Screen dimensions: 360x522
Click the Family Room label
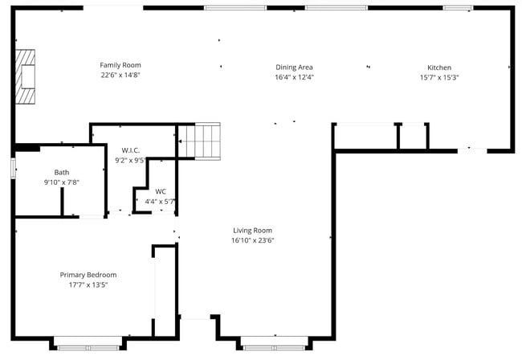tap(120, 65)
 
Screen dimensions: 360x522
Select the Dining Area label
tap(294, 67)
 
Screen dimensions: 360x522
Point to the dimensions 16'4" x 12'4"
tap(294, 78)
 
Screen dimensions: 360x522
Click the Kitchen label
tap(438, 67)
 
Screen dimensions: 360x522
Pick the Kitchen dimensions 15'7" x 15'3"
tap(438, 78)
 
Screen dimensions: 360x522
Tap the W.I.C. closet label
tap(131, 150)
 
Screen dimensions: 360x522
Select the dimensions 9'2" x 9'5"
tap(131, 160)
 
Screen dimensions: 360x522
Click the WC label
tap(161, 191)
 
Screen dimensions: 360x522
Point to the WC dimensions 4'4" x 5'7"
tap(161, 202)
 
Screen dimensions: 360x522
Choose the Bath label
tap(62, 172)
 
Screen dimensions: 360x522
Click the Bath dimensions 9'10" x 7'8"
tap(62, 182)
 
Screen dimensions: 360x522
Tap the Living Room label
tap(253, 230)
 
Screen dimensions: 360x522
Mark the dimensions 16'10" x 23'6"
tap(253, 240)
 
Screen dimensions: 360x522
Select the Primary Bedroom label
tap(88, 274)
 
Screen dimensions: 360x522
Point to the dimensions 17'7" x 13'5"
tap(88, 284)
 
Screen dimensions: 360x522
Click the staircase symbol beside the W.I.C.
tap(198, 141)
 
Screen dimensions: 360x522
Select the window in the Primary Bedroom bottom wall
tap(82, 347)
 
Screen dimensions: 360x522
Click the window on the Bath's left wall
tap(14, 167)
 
